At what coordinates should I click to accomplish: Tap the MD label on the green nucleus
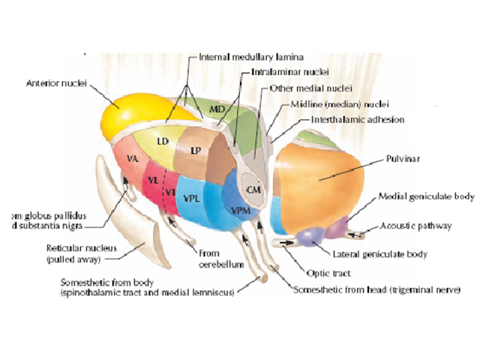(217, 110)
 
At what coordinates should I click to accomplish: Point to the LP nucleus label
(196, 150)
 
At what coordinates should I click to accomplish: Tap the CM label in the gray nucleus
(254, 190)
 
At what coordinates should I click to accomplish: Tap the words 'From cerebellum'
(202, 257)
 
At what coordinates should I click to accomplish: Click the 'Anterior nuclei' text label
(55, 81)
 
